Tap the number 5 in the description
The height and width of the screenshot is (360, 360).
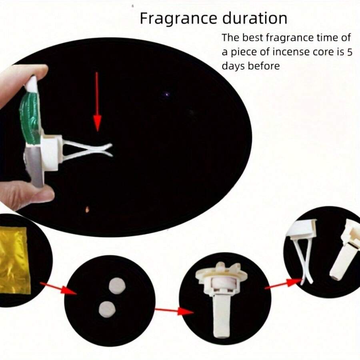[x=349, y=52]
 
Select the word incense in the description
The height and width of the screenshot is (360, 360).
[x=286, y=52]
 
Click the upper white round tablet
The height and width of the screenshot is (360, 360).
[x=117, y=286]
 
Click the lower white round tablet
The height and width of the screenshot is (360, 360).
[x=107, y=308]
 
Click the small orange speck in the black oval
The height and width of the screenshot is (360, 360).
[x=87, y=209]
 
